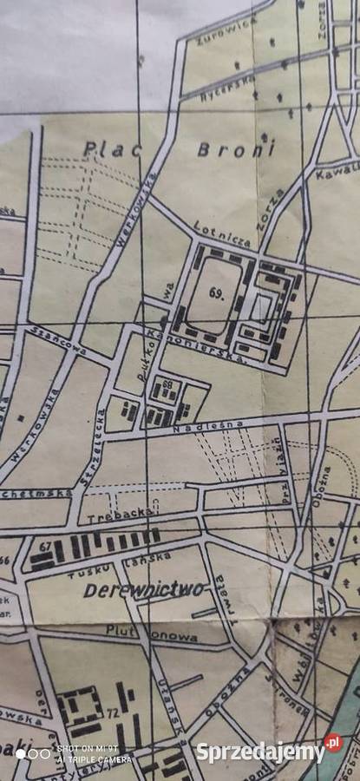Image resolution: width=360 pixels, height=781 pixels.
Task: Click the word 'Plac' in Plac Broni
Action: coord(102,148)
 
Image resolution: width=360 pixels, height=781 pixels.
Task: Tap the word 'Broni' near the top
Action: coord(224,148)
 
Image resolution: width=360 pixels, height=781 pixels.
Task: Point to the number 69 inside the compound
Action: coord(216,294)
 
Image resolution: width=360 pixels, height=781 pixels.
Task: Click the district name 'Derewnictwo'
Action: coord(146,591)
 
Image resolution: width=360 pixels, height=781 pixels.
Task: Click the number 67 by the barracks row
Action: coord(45,546)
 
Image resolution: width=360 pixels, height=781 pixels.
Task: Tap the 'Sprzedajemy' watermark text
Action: coord(259,752)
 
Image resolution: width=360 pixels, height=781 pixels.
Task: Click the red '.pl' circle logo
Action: coord(333,744)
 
